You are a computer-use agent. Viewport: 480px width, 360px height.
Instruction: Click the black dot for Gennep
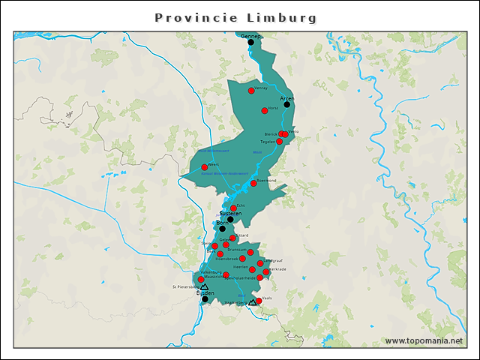click(x=251, y=43)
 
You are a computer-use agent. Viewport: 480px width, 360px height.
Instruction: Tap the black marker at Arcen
click(x=286, y=105)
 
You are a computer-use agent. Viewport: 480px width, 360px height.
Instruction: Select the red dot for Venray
click(x=251, y=91)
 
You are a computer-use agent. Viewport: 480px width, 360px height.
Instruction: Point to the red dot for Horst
click(x=265, y=110)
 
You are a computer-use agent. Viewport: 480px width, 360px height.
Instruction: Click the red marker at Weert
click(x=204, y=167)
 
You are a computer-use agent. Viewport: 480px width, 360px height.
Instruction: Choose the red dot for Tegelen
click(x=279, y=141)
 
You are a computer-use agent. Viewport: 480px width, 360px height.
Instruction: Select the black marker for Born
click(x=221, y=229)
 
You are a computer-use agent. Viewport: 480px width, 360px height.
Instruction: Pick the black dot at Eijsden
click(x=205, y=299)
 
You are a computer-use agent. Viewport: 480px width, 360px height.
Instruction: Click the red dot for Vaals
click(x=259, y=301)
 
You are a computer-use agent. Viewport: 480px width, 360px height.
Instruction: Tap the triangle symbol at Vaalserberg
click(x=252, y=303)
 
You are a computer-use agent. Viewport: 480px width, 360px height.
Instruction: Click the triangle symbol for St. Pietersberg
click(x=204, y=286)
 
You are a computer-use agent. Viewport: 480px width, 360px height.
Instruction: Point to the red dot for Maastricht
click(x=201, y=279)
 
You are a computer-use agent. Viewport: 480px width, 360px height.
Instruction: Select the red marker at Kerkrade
click(x=266, y=272)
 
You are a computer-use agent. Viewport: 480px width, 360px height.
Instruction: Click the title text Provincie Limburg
click(x=235, y=17)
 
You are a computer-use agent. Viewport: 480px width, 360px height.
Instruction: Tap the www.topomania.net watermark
click(x=424, y=341)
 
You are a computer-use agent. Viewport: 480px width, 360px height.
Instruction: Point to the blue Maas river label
click(x=257, y=152)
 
